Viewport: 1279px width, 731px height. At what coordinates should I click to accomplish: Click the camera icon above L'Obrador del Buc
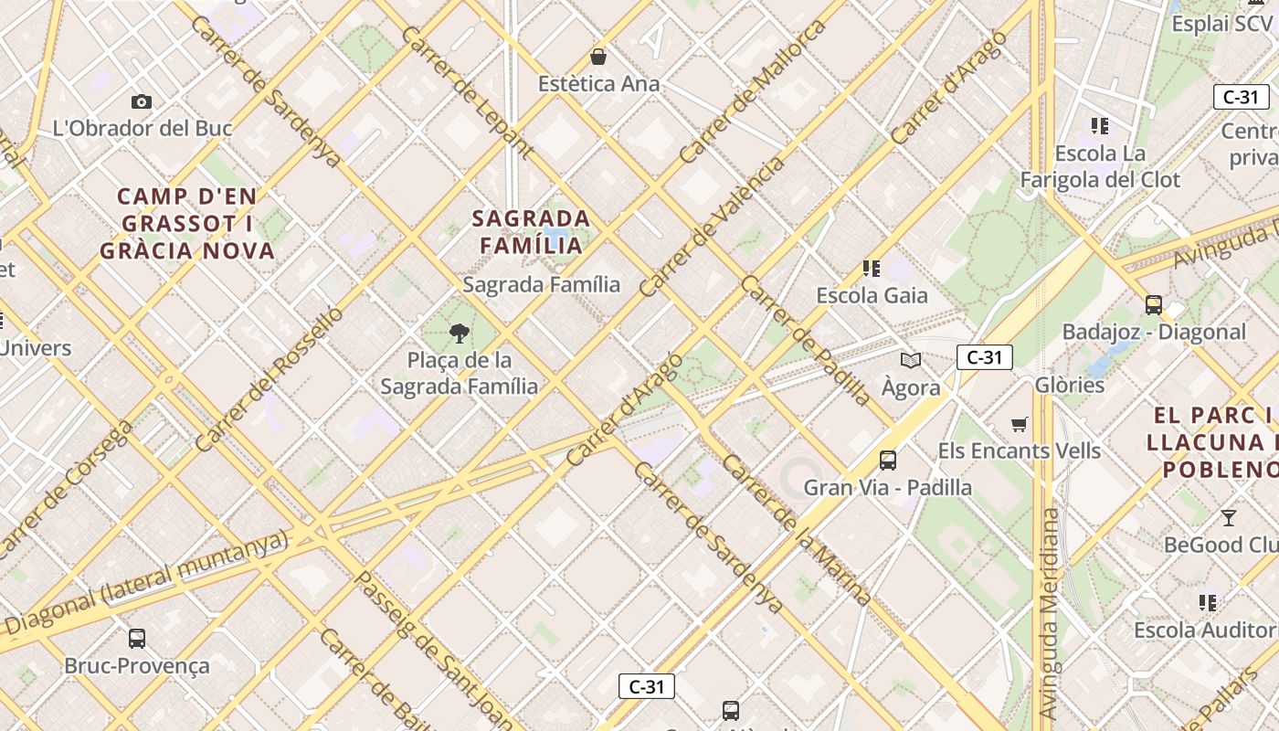[x=142, y=101]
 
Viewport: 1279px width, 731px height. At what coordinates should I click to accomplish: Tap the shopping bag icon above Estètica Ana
[x=598, y=57]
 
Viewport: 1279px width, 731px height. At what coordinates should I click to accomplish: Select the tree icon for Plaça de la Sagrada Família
[x=460, y=333]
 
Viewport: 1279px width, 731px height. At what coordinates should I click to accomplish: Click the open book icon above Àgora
[x=911, y=360]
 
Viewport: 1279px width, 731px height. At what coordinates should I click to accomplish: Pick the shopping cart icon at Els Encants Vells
[x=1020, y=423]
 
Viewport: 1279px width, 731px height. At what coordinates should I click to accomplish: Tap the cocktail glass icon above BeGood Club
[x=1229, y=518]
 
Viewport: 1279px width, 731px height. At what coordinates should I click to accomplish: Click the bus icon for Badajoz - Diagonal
[x=1154, y=304]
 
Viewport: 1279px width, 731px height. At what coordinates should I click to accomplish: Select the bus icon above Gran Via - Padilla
[x=888, y=460]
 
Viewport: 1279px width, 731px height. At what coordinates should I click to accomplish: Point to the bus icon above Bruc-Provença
[x=137, y=638]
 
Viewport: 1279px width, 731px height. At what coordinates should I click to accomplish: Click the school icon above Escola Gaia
[x=872, y=268]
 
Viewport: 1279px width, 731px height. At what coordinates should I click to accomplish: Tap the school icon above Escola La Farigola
[x=1100, y=125]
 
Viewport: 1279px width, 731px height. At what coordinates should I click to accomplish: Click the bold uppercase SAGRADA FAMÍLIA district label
[x=531, y=232]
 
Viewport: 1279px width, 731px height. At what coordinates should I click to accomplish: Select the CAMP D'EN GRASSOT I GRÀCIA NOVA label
[x=187, y=224]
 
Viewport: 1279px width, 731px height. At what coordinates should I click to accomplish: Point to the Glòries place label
[x=1070, y=385]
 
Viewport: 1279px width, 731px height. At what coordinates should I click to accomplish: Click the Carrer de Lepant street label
[x=467, y=90]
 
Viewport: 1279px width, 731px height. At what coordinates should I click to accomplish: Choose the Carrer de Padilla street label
[x=807, y=340]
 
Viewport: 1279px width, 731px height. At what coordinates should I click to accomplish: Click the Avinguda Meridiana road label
[x=1050, y=612]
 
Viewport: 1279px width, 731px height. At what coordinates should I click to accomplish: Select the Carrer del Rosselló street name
[x=269, y=379]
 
